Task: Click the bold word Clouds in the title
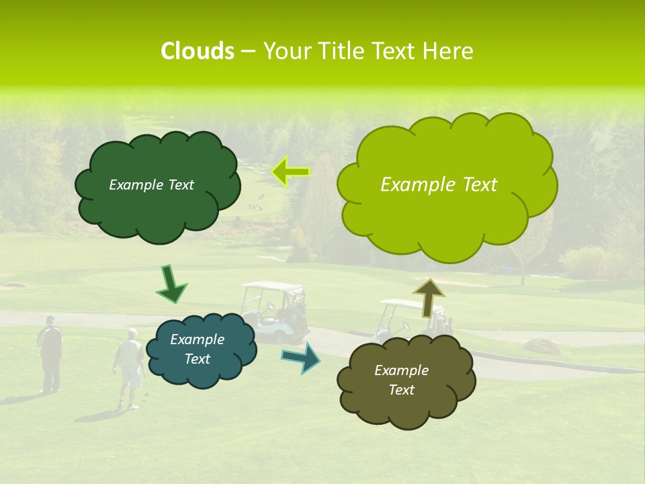pos(197,51)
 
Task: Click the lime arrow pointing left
pos(290,172)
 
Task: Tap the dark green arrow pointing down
pos(171,284)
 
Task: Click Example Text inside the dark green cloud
pos(151,185)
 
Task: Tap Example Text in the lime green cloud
pos(439,185)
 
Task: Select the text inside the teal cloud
pos(197,350)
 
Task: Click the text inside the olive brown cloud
pos(401,380)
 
